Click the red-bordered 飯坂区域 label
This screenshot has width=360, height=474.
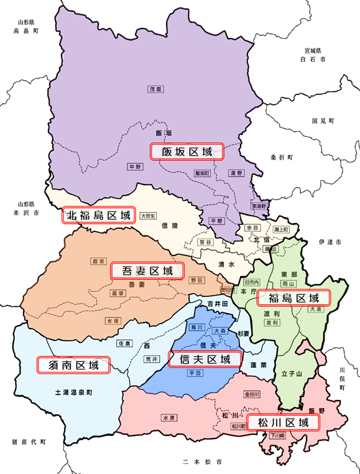[187, 152]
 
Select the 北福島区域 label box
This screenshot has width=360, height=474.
[99, 216]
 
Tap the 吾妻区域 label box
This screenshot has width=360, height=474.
[148, 270]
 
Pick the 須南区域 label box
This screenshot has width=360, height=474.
[73, 364]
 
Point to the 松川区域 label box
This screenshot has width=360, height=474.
[283, 423]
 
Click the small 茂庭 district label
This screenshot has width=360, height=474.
[155, 89]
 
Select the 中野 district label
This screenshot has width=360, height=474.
[134, 166]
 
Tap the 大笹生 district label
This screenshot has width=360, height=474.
[148, 216]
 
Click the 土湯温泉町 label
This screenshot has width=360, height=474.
[73, 393]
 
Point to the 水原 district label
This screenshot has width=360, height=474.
[170, 417]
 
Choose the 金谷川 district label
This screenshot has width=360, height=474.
[252, 394]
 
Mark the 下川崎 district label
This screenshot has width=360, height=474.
[277, 436]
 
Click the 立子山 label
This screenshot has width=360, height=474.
[291, 373]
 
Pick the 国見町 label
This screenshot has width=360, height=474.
[323, 120]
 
